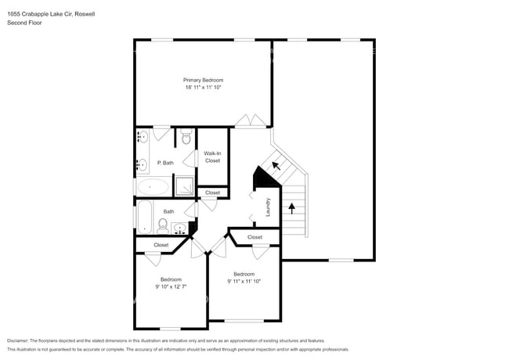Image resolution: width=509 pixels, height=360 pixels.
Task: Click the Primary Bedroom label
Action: [x=203, y=80]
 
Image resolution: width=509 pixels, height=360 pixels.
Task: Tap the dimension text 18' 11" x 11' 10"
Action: [x=203, y=88]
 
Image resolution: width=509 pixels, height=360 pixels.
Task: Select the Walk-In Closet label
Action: [x=212, y=157]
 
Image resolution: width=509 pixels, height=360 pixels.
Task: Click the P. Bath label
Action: [x=164, y=163]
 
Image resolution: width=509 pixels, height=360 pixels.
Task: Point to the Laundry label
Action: [x=267, y=207]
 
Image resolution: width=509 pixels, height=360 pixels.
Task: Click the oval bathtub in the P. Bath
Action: [x=153, y=187]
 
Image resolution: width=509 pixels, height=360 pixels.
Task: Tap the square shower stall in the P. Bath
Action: [x=184, y=186]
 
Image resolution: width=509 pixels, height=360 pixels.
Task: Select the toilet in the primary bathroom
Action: [x=186, y=139]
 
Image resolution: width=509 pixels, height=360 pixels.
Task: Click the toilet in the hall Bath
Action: [x=163, y=226]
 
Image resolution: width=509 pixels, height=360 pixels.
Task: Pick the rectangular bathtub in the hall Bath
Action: [x=146, y=216]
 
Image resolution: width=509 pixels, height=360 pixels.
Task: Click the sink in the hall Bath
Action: [x=181, y=229]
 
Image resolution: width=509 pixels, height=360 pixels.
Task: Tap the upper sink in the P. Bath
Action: [x=143, y=138]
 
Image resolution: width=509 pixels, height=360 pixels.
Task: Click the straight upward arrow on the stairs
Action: [x=293, y=208]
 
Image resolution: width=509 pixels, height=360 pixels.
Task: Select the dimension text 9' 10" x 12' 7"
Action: [x=171, y=287]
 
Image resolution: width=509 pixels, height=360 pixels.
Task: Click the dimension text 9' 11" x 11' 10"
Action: [x=244, y=281]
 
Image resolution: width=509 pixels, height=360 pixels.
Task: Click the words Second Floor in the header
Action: [x=24, y=23]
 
